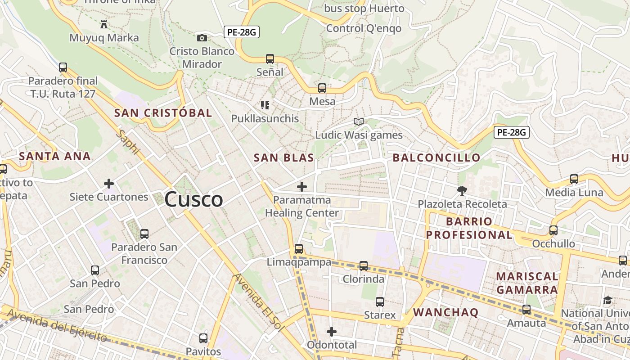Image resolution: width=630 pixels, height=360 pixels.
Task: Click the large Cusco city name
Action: pos(193,199)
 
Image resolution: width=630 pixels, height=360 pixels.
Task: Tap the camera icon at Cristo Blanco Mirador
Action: pos(202,38)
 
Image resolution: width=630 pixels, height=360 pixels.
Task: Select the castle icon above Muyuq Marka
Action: pos(104,23)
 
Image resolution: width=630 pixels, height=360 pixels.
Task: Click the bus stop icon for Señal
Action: pos(270,58)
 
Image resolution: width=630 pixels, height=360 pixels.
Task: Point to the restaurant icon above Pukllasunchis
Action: pos(265,105)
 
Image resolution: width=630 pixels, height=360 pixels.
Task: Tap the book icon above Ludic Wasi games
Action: pos(359,121)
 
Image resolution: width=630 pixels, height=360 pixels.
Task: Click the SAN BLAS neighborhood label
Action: pos(283,158)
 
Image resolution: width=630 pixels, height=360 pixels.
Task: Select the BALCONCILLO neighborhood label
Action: pos(436,158)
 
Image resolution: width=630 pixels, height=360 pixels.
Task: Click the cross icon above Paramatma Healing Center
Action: pos(302,186)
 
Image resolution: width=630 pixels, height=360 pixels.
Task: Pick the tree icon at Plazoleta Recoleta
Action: pos(462,191)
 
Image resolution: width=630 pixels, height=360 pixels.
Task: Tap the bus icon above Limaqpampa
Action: pos(299,248)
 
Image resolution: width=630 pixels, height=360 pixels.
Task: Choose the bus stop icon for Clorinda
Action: pos(364,266)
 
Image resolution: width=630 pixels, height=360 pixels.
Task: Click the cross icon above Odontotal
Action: pos(332,332)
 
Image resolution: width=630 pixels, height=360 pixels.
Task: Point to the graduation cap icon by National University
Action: pos(607,300)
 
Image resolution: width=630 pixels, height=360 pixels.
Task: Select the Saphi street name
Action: pos(129,142)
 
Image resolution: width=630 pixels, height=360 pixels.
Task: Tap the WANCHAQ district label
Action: pos(445,312)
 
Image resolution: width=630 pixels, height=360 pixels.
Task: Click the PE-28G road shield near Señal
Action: pos(242,32)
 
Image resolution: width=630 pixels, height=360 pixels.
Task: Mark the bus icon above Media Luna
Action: pos(574,179)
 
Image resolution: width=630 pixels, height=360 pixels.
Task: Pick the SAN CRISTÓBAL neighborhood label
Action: pos(163,113)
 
